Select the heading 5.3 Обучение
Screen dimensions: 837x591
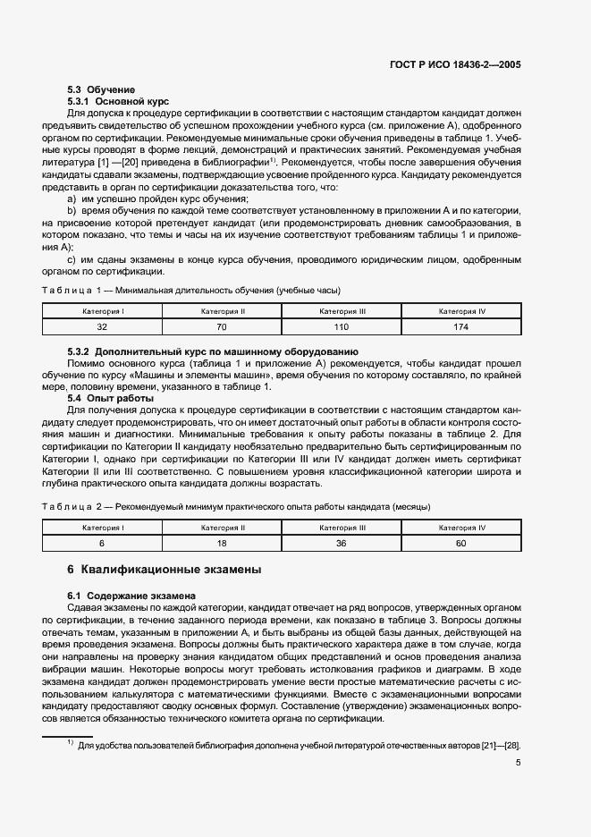(x=101, y=90)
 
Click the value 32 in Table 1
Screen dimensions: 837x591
(x=102, y=327)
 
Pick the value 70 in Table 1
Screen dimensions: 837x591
(x=223, y=327)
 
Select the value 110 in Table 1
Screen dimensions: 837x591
(x=342, y=327)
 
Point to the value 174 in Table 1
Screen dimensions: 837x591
(x=461, y=327)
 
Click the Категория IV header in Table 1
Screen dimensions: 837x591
(x=461, y=311)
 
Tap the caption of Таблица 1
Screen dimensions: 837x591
(x=191, y=291)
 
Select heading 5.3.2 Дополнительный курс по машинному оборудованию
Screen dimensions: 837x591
(x=213, y=351)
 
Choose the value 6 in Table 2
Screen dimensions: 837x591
(x=102, y=544)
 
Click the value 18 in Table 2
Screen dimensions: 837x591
(x=223, y=544)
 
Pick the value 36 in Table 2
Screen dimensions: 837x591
(x=342, y=544)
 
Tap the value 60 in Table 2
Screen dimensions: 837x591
(x=461, y=544)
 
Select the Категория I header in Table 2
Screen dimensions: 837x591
(x=102, y=528)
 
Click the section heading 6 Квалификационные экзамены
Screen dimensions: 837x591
(x=165, y=570)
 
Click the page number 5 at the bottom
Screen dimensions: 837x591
(x=518, y=763)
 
